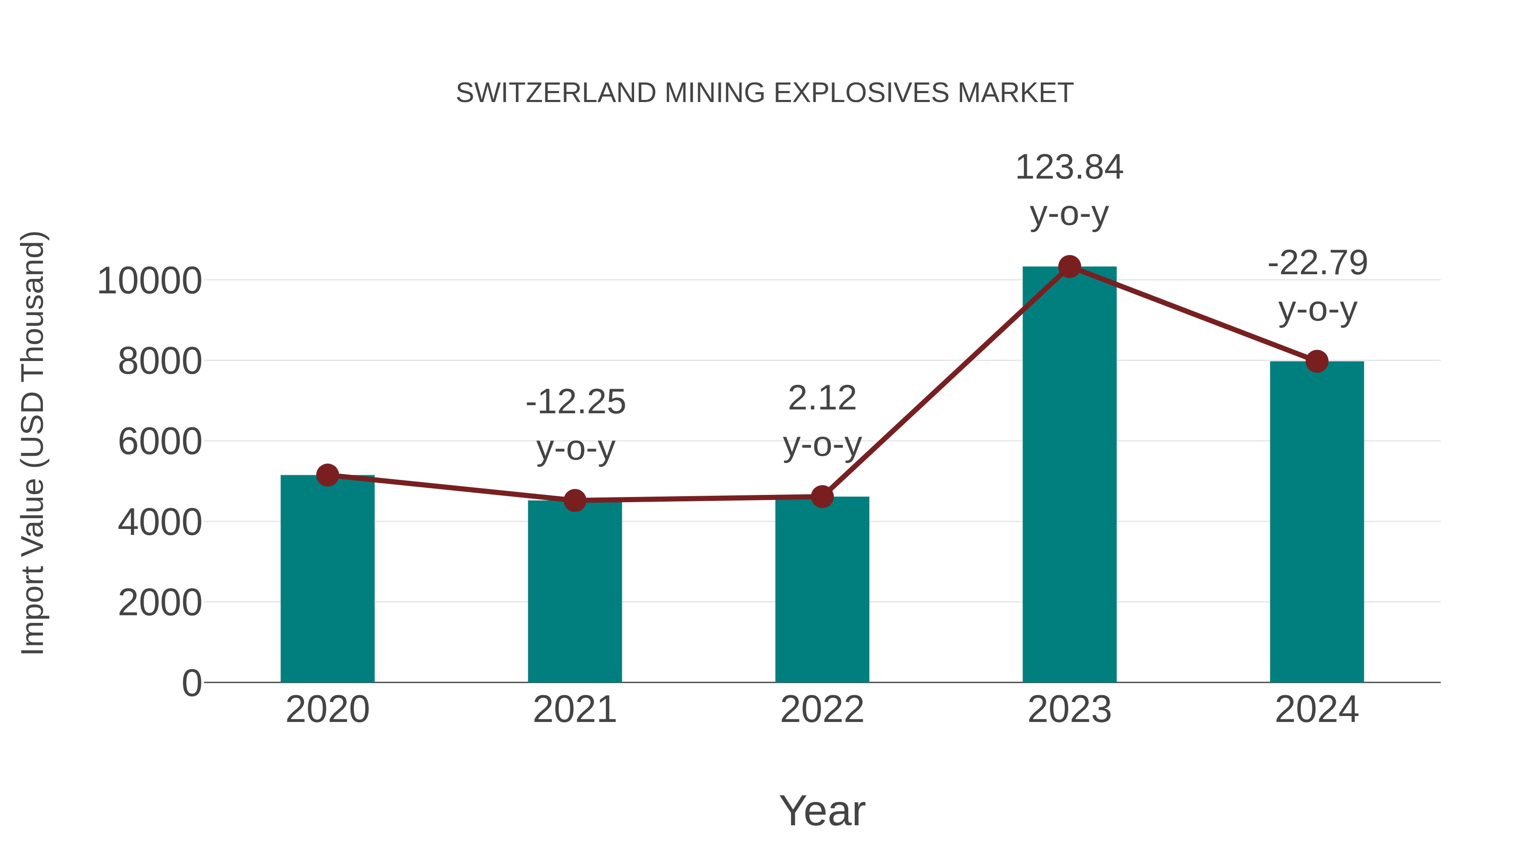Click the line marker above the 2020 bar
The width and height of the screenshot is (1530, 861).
click(x=327, y=475)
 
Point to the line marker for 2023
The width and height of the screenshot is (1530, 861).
click(x=1069, y=267)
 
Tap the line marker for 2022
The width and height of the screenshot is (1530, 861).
click(x=822, y=496)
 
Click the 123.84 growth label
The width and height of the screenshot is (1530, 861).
click(x=1069, y=168)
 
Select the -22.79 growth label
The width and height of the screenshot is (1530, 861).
click(x=1317, y=263)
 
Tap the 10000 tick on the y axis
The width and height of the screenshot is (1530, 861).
click(x=149, y=281)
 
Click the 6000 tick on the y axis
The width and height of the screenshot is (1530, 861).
click(x=160, y=442)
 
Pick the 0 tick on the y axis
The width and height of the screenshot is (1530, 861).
click(x=191, y=683)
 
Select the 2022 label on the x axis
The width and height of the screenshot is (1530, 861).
click(x=822, y=710)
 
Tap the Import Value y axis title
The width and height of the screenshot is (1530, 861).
click(x=33, y=443)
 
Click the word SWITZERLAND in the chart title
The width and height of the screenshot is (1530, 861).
click(x=555, y=93)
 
